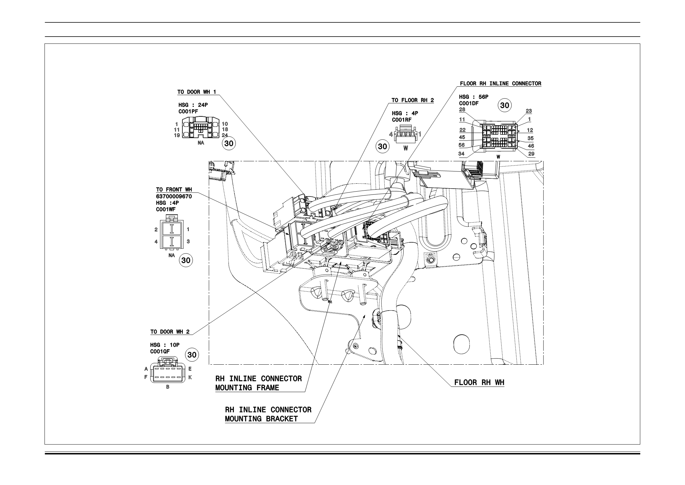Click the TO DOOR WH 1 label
point(197,92)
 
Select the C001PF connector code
point(188,112)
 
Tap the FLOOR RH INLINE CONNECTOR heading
point(501,84)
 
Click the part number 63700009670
point(174,197)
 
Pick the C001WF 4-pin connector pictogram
point(172,235)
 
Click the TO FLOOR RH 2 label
point(413,100)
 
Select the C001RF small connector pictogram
point(405,136)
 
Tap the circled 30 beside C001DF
point(505,106)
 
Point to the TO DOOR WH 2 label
point(170,332)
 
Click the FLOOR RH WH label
point(479,382)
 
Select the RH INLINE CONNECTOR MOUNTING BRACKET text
point(268,414)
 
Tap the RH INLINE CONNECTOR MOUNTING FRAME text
point(259,383)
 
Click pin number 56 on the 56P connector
point(462,145)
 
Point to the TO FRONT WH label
point(174,190)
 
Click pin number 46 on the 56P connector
point(531,146)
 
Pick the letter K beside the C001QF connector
point(190,377)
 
